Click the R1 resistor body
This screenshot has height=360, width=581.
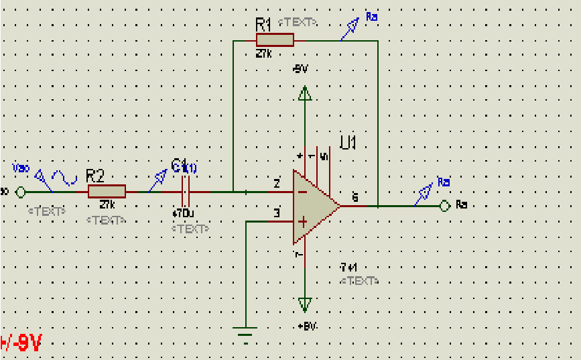pyautogui.click(x=275, y=40)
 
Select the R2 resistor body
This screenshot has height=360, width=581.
pyautogui.click(x=107, y=192)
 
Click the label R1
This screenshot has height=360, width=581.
pyautogui.click(x=263, y=25)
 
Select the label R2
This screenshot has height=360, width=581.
pyautogui.click(x=95, y=176)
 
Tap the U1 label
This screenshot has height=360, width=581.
pyautogui.click(x=348, y=143)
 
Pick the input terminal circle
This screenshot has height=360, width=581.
pyautogui.click(x=20, y=192)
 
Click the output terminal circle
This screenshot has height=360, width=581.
pyautogui.click(x=444, y=206)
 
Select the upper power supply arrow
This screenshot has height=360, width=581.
pyautogui.click(x=305, y=93)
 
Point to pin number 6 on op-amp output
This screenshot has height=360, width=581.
pyautogui.click(x=354, y=197)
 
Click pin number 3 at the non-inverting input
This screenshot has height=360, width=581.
pyautogui.click(x=276, y=215)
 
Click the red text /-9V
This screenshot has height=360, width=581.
pyautogui.click(x=21, y=344)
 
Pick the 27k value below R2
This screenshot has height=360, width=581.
pyautogui.click(x=107, y=205)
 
